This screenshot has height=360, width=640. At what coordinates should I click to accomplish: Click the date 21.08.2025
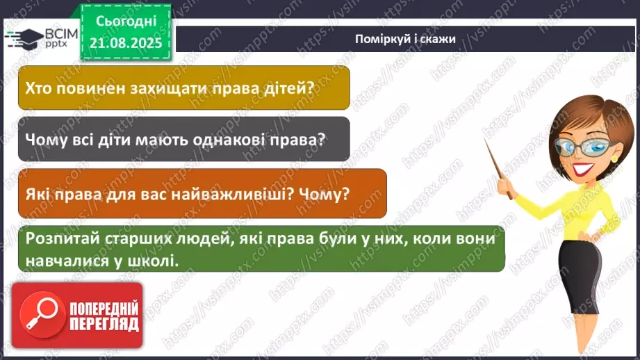pos(126,42)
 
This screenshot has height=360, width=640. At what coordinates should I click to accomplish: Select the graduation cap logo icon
pos(24,38)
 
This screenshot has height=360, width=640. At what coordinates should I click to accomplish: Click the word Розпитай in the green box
pos(60,238)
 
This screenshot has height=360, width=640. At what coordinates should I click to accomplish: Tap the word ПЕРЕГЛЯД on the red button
pos(104,324)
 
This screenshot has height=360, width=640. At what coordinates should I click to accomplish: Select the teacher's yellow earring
pos(614,158)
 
